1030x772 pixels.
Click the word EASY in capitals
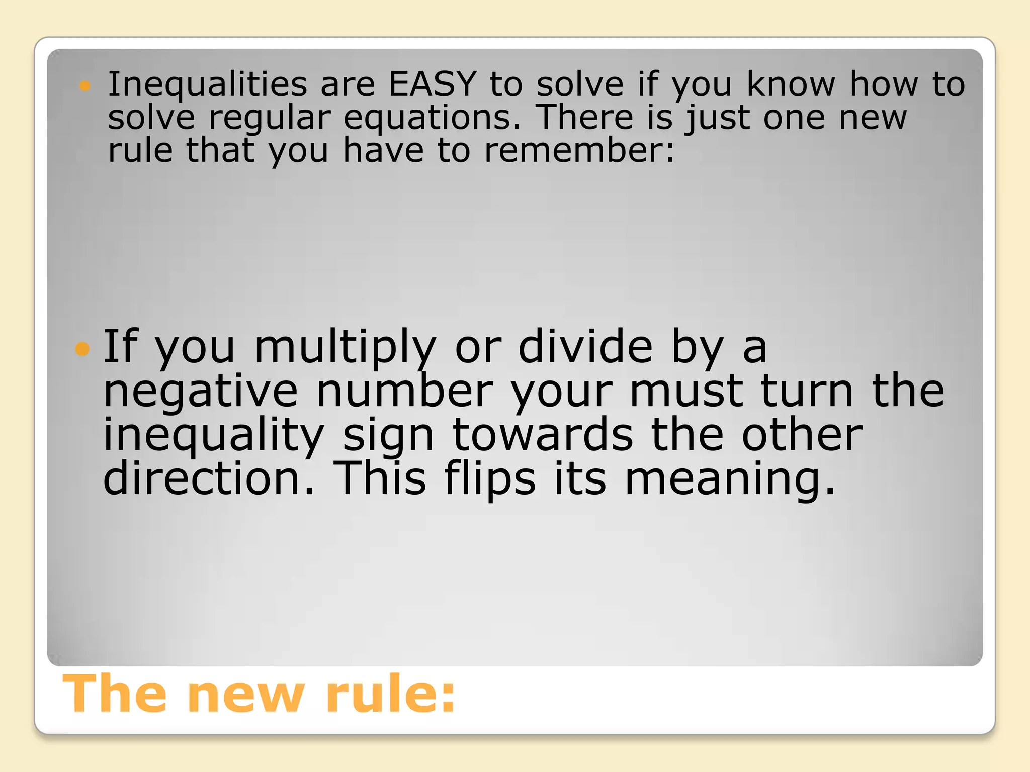[432, 84]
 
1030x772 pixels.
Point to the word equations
[432, 119]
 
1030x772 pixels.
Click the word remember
[578, 150]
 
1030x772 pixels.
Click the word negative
[200, 392]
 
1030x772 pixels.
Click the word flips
[490, 480]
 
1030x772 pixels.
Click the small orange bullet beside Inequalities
[85, 86]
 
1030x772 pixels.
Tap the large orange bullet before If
[82, 348]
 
